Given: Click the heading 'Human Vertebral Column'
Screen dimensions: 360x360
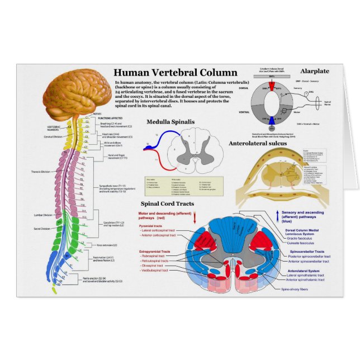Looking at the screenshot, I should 175,73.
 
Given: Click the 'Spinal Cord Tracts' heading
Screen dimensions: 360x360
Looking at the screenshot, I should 167,204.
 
